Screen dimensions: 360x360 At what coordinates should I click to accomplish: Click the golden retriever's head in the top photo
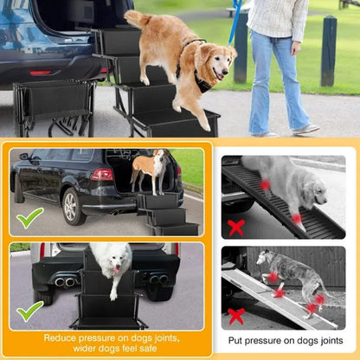pos(216,61)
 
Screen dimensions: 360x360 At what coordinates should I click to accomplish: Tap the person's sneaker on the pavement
pos(305,129)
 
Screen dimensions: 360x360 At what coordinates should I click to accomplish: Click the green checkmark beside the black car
pos(29,217)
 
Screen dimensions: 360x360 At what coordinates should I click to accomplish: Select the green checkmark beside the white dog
pos(29,311)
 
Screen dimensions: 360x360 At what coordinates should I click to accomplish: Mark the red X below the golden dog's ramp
pos(235,228)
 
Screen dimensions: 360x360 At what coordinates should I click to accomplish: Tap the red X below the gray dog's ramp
pos(235,316)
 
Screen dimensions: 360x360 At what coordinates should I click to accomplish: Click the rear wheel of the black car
pos(72,206)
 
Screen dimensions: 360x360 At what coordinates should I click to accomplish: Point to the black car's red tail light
pos(101,175)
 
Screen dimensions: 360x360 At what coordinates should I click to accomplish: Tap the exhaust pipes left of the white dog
pos(65,281)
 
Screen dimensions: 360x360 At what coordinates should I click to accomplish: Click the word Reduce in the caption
pos(64,337)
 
